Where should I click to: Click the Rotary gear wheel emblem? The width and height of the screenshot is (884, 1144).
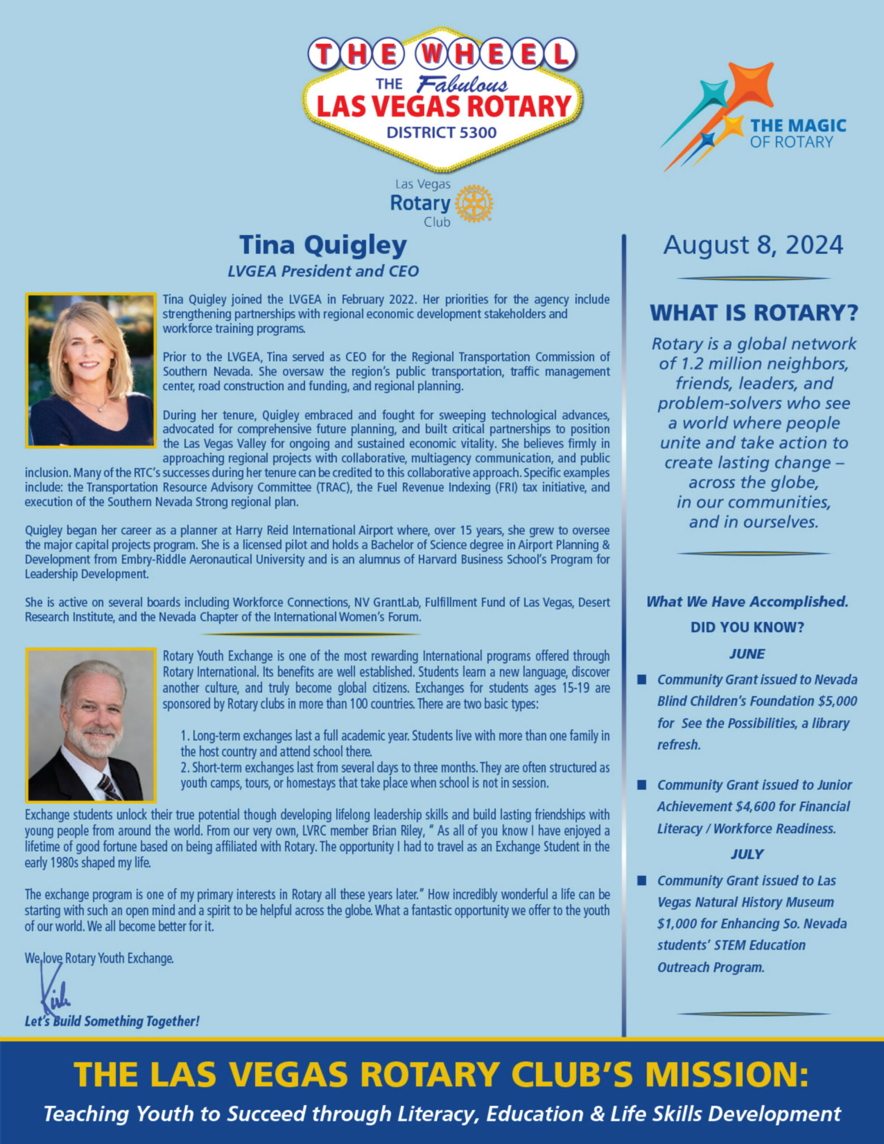474,203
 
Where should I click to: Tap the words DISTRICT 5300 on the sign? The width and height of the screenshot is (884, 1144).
441,132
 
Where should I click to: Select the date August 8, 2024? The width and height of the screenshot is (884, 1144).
753,245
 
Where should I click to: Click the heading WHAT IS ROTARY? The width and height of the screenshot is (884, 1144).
753,313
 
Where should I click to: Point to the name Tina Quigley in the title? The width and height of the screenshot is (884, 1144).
323,245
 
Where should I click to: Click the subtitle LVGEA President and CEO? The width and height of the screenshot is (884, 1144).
323,271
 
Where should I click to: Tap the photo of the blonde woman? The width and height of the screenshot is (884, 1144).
90,370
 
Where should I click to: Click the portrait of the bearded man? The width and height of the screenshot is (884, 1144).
90,724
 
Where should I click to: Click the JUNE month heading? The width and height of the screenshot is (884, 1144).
747,654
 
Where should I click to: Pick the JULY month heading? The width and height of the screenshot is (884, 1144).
747,854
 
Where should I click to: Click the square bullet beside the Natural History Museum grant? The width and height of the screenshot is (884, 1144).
642,881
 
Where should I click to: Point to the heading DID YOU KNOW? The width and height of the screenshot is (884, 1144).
747,627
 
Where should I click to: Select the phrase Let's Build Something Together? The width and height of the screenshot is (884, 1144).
112,1022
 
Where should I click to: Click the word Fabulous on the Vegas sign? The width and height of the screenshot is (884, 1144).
462,84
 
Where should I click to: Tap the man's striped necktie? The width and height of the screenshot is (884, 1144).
109,787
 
